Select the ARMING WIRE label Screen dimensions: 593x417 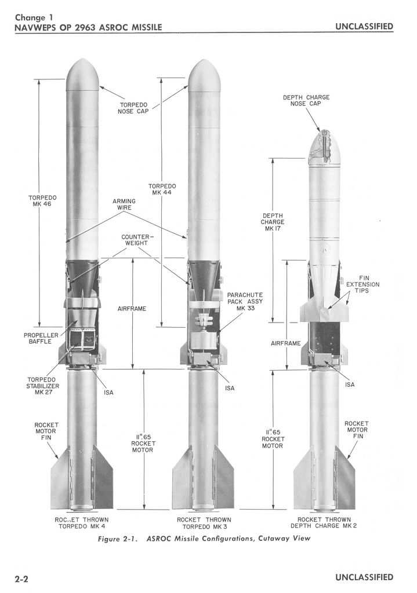(124, 204)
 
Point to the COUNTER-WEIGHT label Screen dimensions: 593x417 (135, 241)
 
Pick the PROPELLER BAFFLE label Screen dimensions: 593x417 (38, 338)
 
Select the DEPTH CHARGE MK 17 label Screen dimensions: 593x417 (273, 222)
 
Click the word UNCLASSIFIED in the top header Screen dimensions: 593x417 (364, 27)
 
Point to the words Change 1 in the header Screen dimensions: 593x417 (34, 17)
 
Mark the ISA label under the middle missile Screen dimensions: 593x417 (230, 388)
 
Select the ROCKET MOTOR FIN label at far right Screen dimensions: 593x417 (356, 430)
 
